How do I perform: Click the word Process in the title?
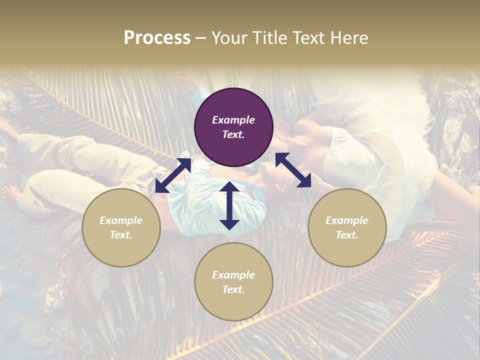157,38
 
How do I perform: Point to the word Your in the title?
228,38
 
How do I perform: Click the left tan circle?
121,227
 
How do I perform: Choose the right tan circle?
347,227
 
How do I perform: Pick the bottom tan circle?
233,281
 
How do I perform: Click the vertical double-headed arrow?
229,205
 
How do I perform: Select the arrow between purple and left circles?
173,175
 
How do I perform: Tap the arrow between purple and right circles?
293,170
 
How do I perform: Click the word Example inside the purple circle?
233,120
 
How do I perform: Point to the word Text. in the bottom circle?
233,289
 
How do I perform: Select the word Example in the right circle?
347,220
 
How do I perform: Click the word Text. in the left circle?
121,235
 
